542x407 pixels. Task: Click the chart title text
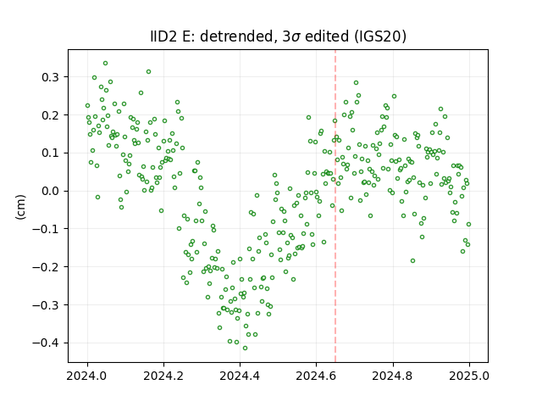click(x=278, y=36)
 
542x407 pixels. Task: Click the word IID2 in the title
click(x=163, y=36)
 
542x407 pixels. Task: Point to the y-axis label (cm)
click(x=20, y=207)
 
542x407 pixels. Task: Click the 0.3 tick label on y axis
click(x=51, y=77)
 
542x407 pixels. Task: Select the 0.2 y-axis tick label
click(x=51, y=115)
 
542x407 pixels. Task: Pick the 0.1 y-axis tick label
click(x=51, y=153)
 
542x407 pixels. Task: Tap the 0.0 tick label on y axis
click(x=51, y=192)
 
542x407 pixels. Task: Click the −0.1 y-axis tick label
click(x=46, y=229)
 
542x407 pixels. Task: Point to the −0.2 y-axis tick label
click(x=46, y=267)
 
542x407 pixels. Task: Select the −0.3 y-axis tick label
click(x=46, y=305)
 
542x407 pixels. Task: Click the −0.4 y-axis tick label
click(x=46, y=343)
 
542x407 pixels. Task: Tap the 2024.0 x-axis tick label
click(x=87, y=376)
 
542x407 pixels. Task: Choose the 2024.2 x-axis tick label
click(x=163, y=376)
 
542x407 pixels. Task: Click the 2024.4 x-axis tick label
click(x=240, y=376)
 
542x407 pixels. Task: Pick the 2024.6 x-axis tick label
click(x=316, y=376)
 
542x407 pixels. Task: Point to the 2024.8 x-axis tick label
click(x=392, y=376)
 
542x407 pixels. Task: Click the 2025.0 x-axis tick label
click(x=469, y=376)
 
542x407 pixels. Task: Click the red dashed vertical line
click(x=335, y=206)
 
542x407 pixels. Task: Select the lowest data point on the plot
click(x=245, y=348)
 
